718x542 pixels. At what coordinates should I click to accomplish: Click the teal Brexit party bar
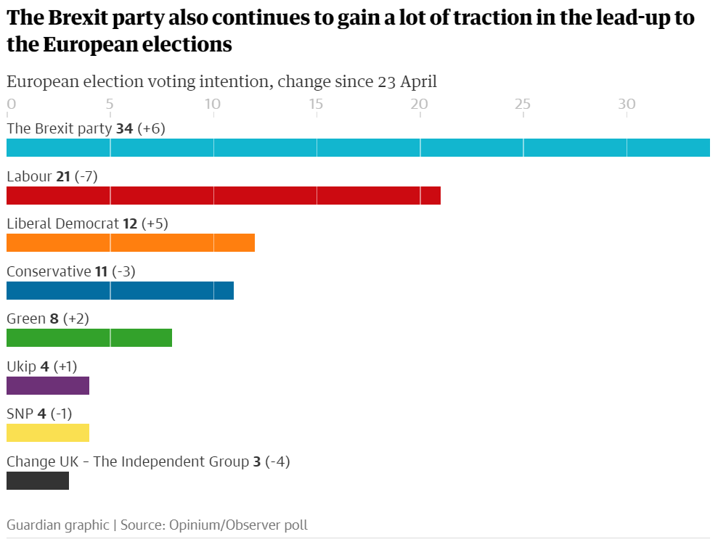tap(358, 147)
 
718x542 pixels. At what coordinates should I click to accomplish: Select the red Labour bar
tap(224, 195)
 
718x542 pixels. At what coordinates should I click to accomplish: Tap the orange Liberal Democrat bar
tap(131, 242)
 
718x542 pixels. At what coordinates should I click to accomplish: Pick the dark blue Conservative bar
tap(120, 290)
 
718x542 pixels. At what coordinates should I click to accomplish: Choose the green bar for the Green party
tap(89, 337)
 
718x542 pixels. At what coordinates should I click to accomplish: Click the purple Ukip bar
tap(48, 385)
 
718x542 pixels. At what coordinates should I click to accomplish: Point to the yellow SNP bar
tap(48, 432)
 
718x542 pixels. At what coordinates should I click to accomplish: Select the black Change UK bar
tap(38, 480)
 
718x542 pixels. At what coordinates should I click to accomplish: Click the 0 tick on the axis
tap(11, 104)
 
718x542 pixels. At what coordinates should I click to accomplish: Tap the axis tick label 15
tap(316, 104)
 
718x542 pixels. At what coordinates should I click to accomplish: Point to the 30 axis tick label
tap(627, 104)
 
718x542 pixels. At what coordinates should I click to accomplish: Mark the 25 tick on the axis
tap(523, 104)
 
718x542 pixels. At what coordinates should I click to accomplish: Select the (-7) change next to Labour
tap(86, 176)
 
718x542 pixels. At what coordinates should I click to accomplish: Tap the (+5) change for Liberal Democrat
tap(155, 223)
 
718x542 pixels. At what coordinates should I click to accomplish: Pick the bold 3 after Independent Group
tap(257, 461)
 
